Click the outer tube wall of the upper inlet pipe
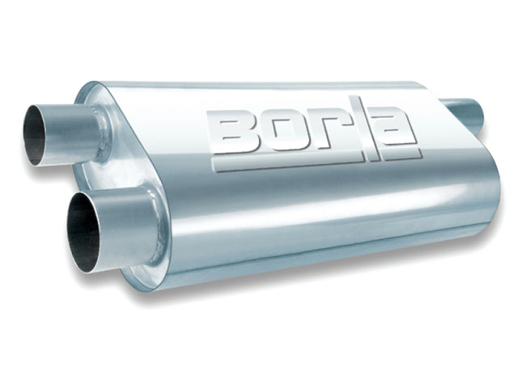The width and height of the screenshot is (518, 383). (73, 129)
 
